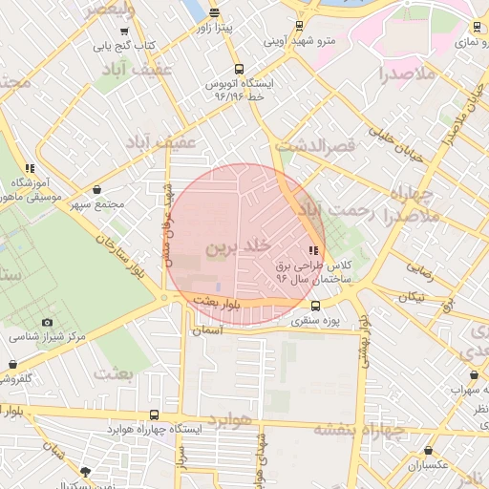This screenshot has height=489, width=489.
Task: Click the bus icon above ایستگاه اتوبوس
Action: coord(239,69)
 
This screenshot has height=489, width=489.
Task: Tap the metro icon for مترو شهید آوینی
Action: coord(300,26)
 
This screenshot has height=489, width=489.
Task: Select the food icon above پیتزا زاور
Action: coord(214,13)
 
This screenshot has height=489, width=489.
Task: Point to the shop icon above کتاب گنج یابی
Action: coord(124,32)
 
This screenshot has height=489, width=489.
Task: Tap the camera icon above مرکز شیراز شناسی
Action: coord(47,322)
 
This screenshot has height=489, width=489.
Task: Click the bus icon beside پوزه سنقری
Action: coord(316,306)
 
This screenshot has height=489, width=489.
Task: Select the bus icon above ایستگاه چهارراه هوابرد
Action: coord(155,415)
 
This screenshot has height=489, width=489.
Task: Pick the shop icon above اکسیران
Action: coord(429,450)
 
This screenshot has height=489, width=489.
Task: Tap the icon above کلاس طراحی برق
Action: coord(314,250)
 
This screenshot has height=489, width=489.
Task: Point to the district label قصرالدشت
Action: coord(315,146)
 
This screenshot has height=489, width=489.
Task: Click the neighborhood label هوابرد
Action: coord(231,421)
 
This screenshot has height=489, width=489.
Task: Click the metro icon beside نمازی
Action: coord(477,28)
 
